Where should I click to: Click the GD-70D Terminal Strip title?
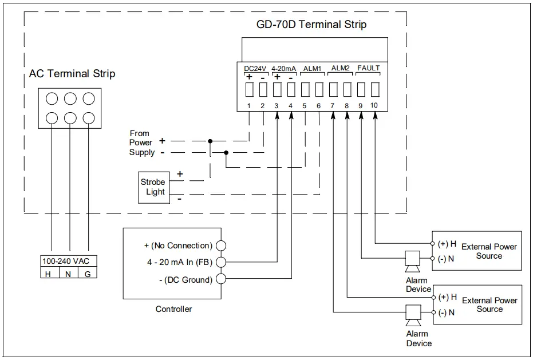click(311, 25)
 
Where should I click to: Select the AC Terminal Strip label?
click(72, 74)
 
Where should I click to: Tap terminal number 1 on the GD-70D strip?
click(249, 106)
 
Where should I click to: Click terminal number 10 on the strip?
click(374, 106)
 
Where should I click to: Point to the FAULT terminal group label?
click(368, 68)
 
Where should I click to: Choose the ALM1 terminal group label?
click(312, 68)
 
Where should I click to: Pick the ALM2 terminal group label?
click(340, 68)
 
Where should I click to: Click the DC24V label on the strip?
click(255, 69)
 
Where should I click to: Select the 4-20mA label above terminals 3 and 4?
click(283, 69)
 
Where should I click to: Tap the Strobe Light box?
click(153, 187)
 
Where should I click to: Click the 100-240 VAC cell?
click(66, 262)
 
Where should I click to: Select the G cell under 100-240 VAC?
click(87, 274)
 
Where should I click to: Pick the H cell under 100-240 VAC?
click(48, 274)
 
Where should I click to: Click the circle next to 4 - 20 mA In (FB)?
click(220, 262)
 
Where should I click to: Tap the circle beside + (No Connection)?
click(220, 246)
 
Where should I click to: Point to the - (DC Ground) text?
click(177, 280)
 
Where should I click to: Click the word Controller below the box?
click(173, 309)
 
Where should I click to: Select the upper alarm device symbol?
click(412, 260)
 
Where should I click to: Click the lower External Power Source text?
click(489, 304)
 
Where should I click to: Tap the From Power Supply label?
click(141, 143)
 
